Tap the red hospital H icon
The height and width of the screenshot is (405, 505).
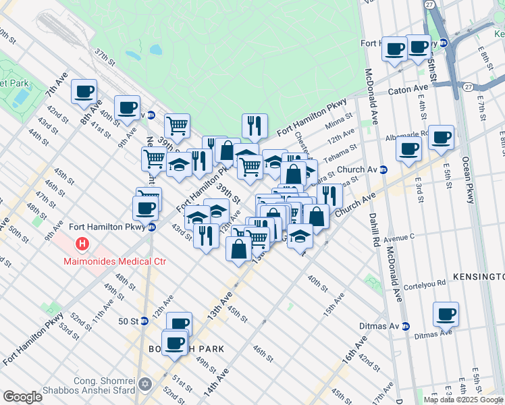(x=82, y=243)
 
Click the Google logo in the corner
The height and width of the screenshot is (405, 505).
(x=22, y=397)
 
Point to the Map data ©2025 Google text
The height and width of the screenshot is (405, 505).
(x=464, y=400)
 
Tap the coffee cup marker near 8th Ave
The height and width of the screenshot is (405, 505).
(x=84, y=92)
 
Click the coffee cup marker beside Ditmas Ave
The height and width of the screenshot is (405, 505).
(x=446, y=314)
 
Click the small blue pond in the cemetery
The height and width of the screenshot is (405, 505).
(x=156, y=49)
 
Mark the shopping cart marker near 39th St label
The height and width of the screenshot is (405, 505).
(x=176, y=125)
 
